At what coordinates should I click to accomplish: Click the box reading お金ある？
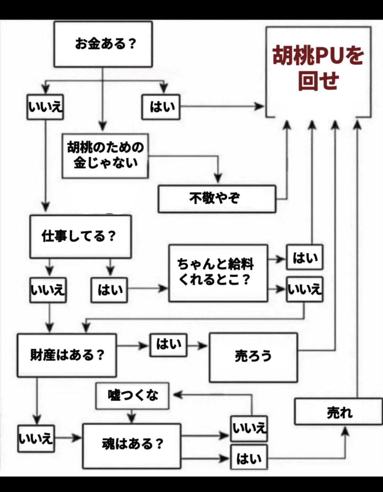[x=103, y=44]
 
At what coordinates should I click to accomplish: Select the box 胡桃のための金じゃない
[x=105, y=155]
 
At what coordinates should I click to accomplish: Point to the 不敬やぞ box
[x=217, y=199]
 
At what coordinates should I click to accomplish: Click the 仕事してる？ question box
[x=80, y=237]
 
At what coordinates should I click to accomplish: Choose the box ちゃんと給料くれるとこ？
[x=218, y=273]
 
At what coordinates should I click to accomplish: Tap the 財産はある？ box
[x=66, y=355]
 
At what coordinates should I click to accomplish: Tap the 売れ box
[x=338, y=411]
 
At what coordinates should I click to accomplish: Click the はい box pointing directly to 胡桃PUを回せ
[x=161, y=107]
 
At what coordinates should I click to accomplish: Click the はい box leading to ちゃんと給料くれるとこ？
[x=109, y=289]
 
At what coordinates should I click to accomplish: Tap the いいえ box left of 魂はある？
[x=36, y=439]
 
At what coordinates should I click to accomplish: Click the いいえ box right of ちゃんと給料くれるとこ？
[x=304, y=289]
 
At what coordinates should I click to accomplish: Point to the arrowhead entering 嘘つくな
[x=175, y=395]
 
